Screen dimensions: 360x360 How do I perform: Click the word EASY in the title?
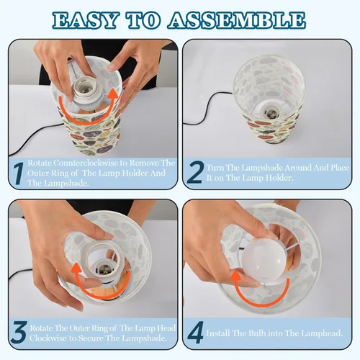click(x=85, y=20)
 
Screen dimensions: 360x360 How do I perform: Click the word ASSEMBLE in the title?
click(x=236, y=20)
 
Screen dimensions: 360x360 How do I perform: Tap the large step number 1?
click(x=18, y=174)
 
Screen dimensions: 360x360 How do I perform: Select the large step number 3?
click(x=19, y=333)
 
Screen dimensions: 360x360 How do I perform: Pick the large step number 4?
click(x=196, y=333)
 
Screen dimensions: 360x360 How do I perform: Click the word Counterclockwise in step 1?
click(x=86, y=163)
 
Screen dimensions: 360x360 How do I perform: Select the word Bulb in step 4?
click(x=257, y=333)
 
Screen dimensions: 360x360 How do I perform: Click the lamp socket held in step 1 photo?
click(x=87, y=92)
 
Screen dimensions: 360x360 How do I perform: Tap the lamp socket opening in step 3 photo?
click(x=103, y=268)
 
